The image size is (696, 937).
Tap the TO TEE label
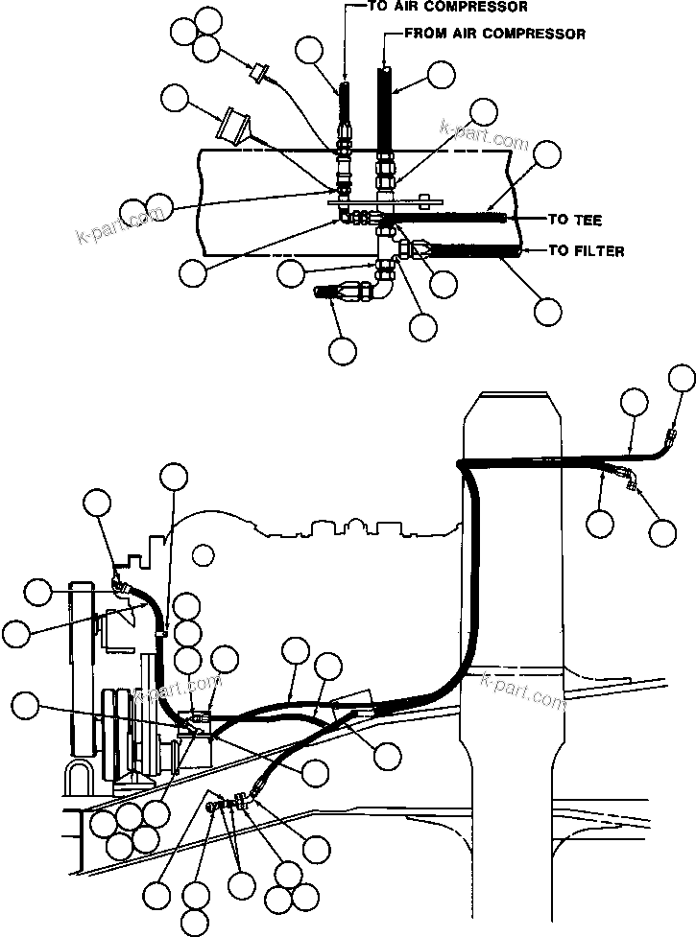(x=574, y=221)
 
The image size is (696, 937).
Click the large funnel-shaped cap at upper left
(x=233, y=126)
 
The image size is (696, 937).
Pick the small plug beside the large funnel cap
(x=258, y=72)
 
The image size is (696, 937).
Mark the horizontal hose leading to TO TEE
(x=451, y=220)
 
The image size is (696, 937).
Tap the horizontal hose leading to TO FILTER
(x=475, y=251)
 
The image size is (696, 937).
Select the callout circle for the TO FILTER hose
(x=548, y=310)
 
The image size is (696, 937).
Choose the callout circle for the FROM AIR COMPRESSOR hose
(x=441, y=76)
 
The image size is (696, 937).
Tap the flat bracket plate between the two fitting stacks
(x=384, y=201)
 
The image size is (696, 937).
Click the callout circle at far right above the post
(x=682, y=378)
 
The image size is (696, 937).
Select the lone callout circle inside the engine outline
(x=202, y=553)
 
